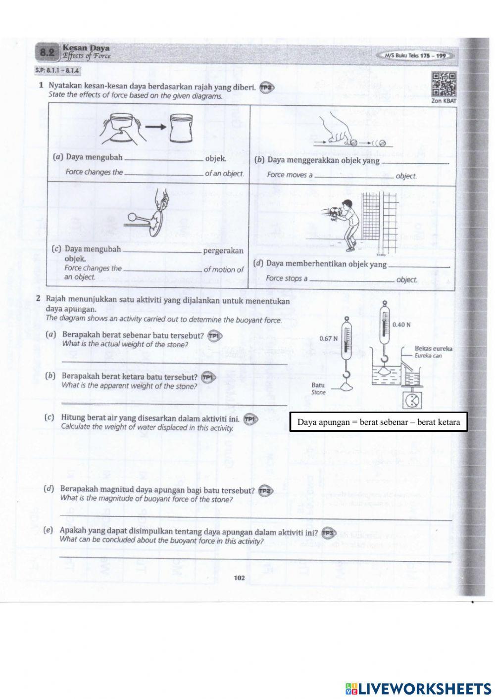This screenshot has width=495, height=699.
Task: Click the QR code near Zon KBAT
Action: (x=444, y=85)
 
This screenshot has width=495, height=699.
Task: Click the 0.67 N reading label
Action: (x=328, y=338)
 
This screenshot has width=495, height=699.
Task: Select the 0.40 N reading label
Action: (x=401, y=325)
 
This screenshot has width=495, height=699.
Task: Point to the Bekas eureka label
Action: (x=434, y=348)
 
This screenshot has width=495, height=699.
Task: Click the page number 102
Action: (x=240, y=577)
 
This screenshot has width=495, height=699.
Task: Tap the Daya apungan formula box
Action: (x=379, y=422)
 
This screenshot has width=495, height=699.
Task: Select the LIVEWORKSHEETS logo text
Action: (x=423, y=688)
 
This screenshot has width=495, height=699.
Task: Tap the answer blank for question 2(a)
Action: (x=173, y=363)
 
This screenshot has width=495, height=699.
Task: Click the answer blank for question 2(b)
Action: (x=173, y=404)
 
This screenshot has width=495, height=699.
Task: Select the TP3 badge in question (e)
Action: (x=328, y=533)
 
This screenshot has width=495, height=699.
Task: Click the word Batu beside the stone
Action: (x=318, y=384)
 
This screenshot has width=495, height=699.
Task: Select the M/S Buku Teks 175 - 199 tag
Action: (x=415, y=56)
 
